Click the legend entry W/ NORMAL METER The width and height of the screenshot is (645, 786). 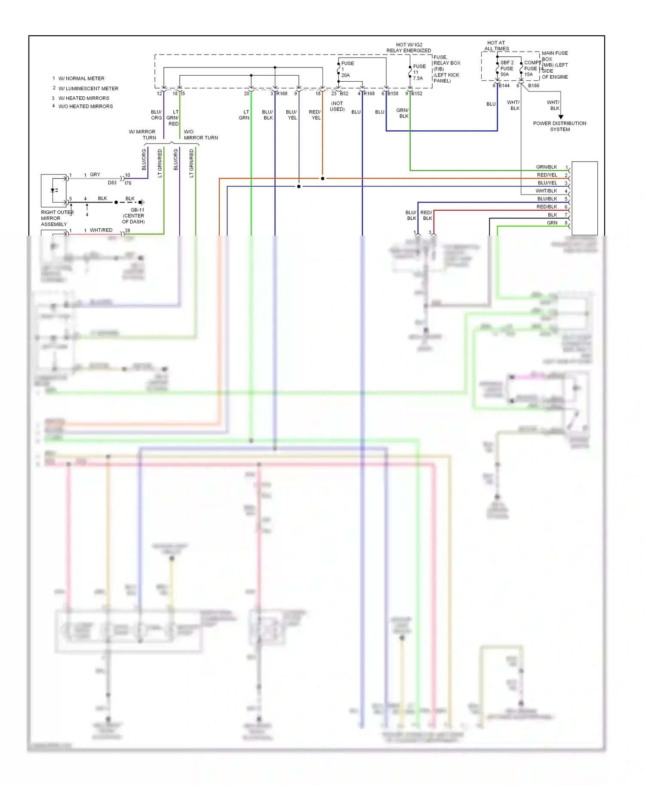[x=81, y=78]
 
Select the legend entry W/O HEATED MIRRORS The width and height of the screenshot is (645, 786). [x=86, y=106]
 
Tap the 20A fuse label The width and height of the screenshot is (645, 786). [x=346, y=75]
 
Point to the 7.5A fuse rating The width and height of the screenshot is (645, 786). [x=418, y=78]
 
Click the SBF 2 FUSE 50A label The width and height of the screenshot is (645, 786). [x=507, y=68]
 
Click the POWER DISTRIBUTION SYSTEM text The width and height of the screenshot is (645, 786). [x=559, y=126]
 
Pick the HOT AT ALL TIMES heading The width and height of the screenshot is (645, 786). [x=496, y=46]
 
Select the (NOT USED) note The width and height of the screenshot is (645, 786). [x=337, y=106]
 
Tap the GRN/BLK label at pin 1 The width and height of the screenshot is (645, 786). [x=546, y=167]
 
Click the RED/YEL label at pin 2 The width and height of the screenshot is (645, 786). [x=547, y=175]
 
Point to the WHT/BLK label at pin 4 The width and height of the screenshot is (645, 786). [x=546, y=191]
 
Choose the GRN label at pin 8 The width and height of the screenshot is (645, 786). [x=552, y=223]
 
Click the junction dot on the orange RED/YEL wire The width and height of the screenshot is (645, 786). [x=322, y=178]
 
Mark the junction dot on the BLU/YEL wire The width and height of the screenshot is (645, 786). [x=299, y=186]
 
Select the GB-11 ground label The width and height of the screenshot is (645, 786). [x=137, y=210]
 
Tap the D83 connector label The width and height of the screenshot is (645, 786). [x=112, y=183]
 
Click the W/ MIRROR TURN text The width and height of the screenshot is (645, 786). [x=143, y=135]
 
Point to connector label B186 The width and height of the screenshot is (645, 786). [x=533, y=86]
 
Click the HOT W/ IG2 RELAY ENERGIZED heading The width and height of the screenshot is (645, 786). [x=408, y=47]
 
